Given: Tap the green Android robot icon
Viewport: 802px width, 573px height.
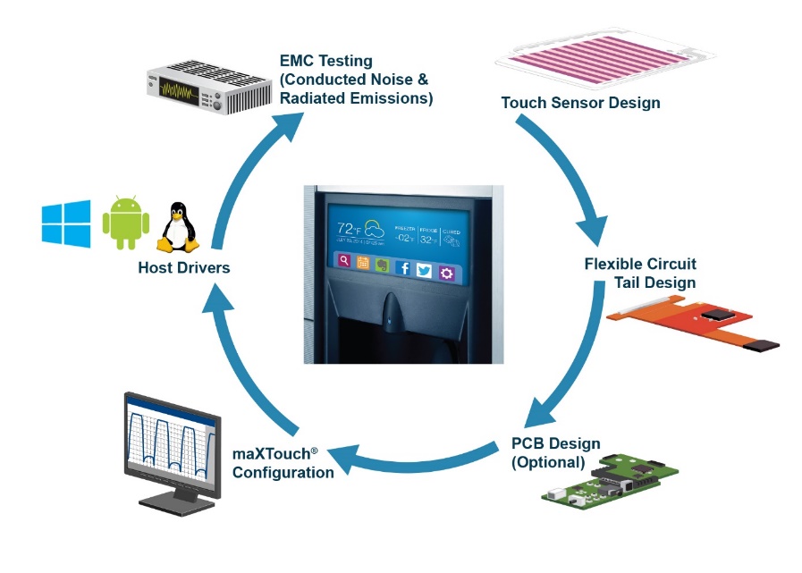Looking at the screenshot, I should (x=126, y=223).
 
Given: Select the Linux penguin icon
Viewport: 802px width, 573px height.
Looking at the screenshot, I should (x=178, y=227).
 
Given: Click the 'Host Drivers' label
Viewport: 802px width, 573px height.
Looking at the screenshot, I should (x=184, y=266).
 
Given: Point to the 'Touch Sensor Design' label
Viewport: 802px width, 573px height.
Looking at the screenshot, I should (x=580, y=103).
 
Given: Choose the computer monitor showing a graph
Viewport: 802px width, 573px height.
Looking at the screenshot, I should (x=170, y=449).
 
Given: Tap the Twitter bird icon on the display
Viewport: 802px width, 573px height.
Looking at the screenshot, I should (x=423, y=270).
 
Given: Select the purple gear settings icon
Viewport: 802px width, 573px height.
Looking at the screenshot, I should (x=446, y=272).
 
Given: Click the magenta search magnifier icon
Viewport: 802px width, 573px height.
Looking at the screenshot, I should (x=344, y=261).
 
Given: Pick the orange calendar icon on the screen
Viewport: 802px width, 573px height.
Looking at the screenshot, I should (x=363, y=263).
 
